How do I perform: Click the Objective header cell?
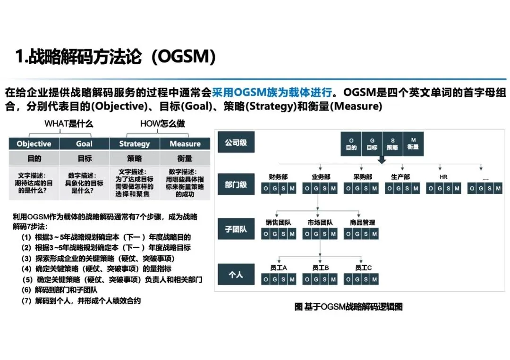[x=34, y=143]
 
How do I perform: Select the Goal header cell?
[x=84, y=143]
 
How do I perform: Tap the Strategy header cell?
[x=134, y=143]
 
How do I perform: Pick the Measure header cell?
[x=185, y=143]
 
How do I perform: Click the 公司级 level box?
[x=236, y=142]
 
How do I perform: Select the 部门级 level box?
[x=236, y=184]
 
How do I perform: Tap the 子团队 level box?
[x=236, y=230]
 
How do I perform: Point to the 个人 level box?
[x=236, y=274]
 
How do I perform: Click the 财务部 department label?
[x=278, y=177]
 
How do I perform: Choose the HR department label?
[x=443, y=177]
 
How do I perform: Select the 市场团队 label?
[x=320, y=222]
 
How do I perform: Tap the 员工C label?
[x=363, y=268]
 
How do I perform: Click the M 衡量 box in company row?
[x=414, y=144]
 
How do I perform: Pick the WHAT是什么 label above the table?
[x=68, y=124]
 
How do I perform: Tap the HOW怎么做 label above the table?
[x=162, y=124]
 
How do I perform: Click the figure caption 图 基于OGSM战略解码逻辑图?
[x=348, y=307]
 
